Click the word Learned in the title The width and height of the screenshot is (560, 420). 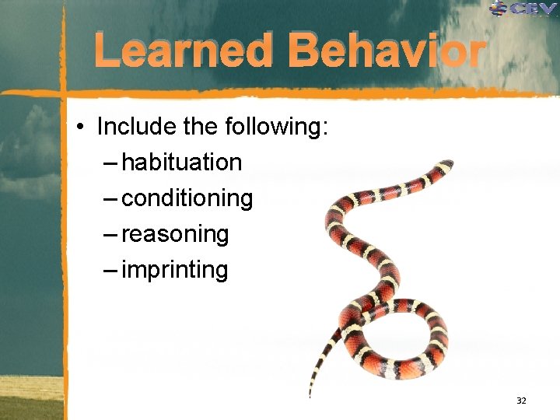point(184,51)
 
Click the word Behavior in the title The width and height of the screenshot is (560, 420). point(387,51)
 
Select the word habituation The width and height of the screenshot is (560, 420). point(182,163)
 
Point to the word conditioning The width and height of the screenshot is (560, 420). point(187,199)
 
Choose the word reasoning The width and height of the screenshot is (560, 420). point(175,235)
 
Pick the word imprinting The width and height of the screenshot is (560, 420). point(175,271)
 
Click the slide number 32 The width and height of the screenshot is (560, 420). point(521,401)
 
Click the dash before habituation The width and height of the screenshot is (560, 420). point(110,163)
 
